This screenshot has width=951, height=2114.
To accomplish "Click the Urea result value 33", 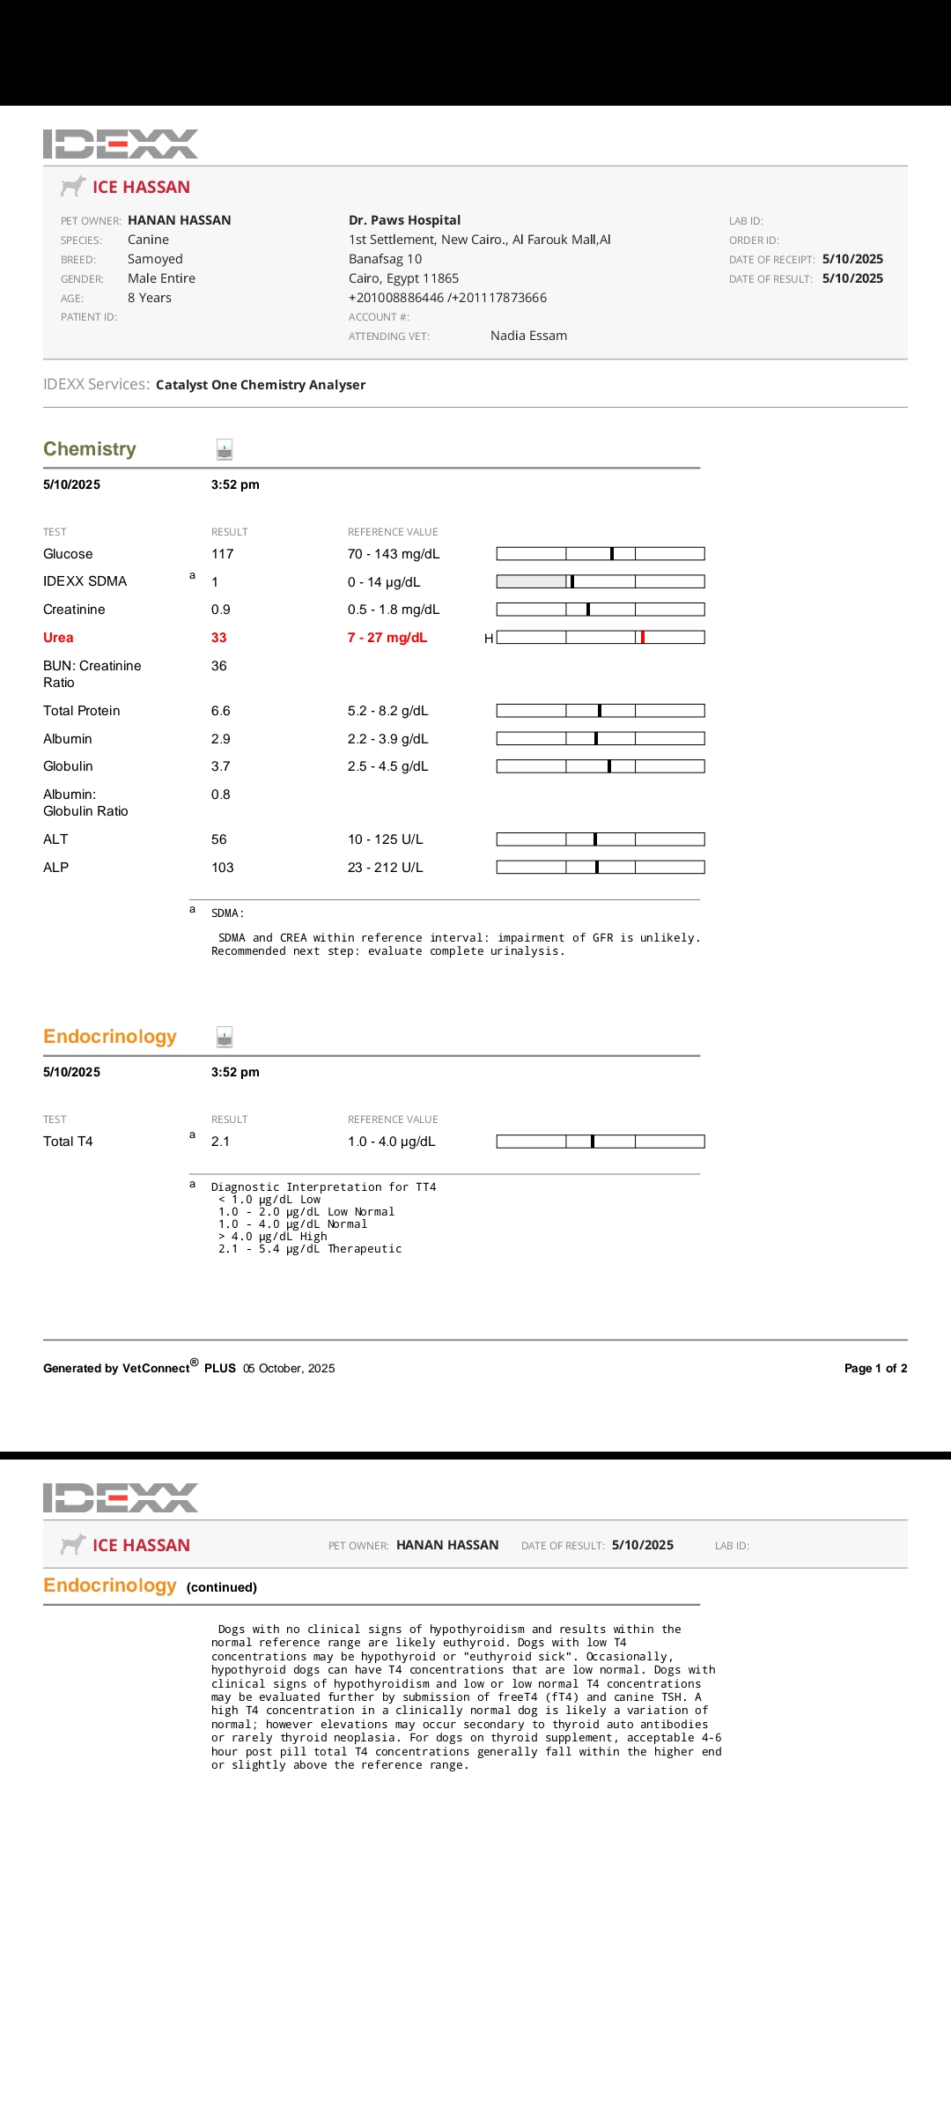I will [219, 638].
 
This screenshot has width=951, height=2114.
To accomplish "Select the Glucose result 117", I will [223, 554].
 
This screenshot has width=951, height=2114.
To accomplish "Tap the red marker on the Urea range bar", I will [643, 637].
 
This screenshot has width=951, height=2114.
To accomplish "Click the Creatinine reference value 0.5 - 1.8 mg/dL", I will [394, 610].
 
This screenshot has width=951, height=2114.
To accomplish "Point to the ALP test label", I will [56, 868].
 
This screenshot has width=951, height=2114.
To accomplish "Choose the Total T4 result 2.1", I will [220, 1142].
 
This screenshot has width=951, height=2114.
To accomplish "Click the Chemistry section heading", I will [90, 449].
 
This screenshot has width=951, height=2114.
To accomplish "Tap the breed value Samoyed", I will [155, 259].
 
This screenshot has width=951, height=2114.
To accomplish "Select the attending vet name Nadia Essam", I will [528, 336].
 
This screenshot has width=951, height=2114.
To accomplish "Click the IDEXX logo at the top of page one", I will [121, 144].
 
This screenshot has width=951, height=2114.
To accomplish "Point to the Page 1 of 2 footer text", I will [875, 1368].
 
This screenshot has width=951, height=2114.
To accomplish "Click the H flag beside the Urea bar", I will [489, 639].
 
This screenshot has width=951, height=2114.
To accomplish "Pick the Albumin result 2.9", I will [221, 739].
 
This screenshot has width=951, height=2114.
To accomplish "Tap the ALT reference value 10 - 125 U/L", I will [386, 839].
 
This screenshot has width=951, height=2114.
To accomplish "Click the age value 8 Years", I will [150, 298].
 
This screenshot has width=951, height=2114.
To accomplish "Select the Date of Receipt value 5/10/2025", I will [852, 259].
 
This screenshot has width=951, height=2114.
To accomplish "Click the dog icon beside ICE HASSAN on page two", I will [73, 1544].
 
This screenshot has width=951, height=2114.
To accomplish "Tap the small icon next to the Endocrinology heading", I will [225, 1037].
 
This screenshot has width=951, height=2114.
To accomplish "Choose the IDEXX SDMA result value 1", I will [215, 582].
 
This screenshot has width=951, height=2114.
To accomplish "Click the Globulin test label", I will [68, 766].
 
